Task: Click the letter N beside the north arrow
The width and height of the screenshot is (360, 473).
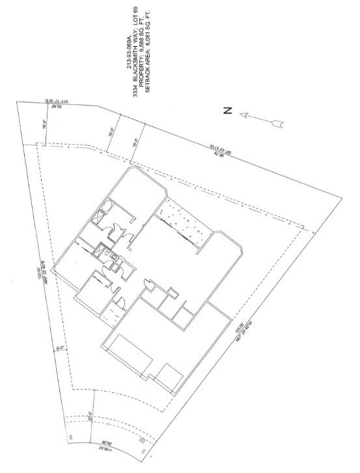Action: click(227, 111)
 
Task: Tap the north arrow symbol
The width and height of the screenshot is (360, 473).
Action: click(261, 119)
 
